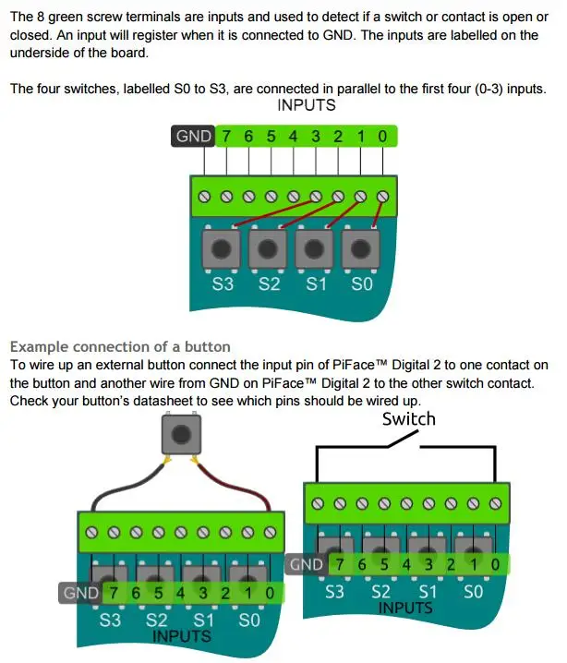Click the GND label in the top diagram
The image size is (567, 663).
193,136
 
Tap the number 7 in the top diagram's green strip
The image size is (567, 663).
226,137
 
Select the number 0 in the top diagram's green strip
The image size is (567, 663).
382,137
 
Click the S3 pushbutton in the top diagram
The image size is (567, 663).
222,248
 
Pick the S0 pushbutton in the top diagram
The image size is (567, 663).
360,248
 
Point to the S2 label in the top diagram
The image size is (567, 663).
270,283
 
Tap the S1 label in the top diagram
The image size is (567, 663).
316,283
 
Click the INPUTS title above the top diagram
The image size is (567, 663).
307,105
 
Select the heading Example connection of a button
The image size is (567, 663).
120,346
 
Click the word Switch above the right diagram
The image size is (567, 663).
409,419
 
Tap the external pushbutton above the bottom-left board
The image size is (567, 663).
181,434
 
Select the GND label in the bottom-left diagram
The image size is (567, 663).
80,593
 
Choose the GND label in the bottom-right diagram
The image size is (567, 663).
307,564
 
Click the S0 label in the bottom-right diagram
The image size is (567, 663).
473,592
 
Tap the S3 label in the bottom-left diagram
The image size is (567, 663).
110,621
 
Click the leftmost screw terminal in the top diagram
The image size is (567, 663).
204,197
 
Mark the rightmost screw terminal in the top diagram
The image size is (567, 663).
382,197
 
